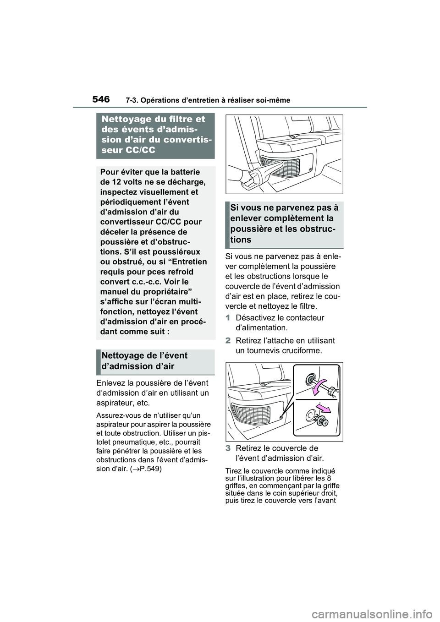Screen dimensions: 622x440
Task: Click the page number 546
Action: [x=101, y=99]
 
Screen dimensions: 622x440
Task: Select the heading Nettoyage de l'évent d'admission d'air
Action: [x=145, y=361]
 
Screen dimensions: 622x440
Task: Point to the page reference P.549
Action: [x=148, y=469]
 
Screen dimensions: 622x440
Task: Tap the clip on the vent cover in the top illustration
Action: [x=312, y=170]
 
